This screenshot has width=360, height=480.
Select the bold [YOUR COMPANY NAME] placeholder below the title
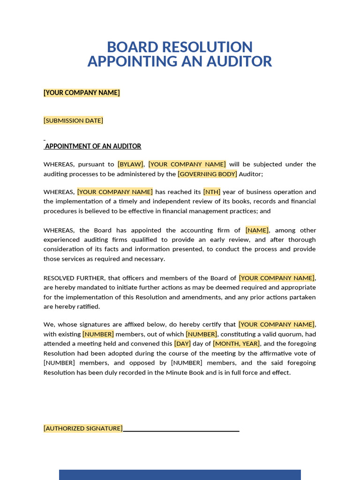coord(82,93)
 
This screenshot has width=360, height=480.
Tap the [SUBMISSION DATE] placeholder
coord(73,120)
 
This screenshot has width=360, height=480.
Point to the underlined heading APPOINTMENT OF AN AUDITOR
coord(93,146)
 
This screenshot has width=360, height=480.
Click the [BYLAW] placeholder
coord(130,164)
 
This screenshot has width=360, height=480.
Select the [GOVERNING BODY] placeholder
coord(207,174)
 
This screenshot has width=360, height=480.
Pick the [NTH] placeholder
coord(211,192)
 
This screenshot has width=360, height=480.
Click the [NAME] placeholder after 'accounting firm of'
coord(257,230)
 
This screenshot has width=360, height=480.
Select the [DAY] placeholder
coord(182,344)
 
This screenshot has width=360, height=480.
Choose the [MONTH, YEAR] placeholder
coord(236,344)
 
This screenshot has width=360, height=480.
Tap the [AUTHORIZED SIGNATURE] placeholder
coord(83,428)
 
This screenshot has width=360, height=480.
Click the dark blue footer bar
coord(180,474)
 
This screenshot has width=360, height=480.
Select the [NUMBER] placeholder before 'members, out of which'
coord(98,334)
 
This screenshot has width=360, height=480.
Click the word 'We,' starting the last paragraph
coord(50,324)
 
